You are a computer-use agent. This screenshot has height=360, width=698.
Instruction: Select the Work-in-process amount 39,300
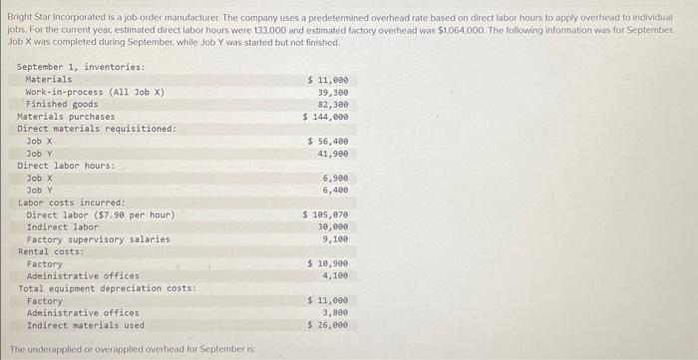point(334,91)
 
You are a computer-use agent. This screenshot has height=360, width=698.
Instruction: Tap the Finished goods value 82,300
point(334,104)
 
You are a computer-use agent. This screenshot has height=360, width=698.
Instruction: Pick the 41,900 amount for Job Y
point(334,154)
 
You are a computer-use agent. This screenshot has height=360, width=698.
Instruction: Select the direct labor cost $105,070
point(327,214)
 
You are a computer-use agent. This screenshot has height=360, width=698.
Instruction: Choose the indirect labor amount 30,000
point(334,226)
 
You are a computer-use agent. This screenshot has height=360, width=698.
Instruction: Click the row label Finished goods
point(62,104)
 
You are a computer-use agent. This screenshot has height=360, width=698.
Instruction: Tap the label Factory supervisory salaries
point(98,239)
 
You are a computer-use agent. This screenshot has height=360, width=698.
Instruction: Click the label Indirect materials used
point(85,325)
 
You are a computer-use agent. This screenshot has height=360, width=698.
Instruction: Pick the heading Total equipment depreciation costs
point(107,288)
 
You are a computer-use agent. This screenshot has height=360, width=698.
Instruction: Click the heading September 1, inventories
point(81,67)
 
